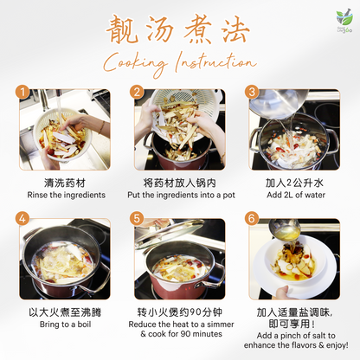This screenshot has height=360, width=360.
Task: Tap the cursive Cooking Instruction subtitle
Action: (x=179, y=63)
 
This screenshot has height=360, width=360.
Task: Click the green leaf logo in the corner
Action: (x=344, y=18)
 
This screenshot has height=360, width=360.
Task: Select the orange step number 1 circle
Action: (x=24, y=92)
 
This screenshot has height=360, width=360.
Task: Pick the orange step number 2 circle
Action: (x=137, y=92)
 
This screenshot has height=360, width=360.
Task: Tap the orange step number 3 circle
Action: (x=252, y=92)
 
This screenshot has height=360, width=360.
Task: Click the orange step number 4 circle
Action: (x=24, y=220)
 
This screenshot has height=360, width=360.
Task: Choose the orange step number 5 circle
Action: (x=137, y=220)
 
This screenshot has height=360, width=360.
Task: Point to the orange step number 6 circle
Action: (x=252, y=220)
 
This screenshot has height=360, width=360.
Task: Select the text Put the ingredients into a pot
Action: (x=179, y=195)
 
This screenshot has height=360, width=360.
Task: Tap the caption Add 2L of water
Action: (x=295, y=195)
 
